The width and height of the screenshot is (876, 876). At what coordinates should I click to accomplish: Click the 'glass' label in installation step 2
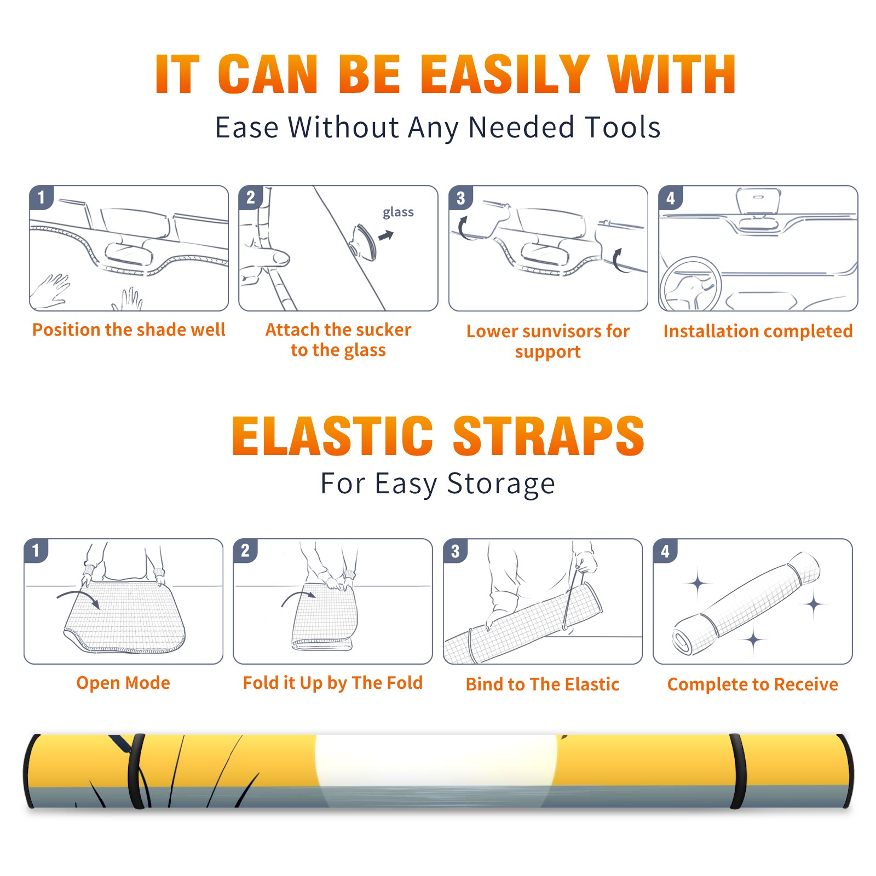tap(398, 212)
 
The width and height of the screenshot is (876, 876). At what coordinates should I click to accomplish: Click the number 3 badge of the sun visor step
tap(461, 198)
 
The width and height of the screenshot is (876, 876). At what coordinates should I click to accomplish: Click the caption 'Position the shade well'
tap(129, 330)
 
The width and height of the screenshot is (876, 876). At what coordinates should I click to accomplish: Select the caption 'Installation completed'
tap(758, 331)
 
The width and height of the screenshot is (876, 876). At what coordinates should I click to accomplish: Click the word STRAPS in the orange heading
tap(549, 436)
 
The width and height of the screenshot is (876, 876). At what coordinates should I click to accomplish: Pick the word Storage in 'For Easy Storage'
tap(501, 484)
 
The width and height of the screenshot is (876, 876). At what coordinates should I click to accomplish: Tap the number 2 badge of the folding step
tap(245, 551)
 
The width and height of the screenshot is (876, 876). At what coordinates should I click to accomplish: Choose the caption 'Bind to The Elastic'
tap(543, 684)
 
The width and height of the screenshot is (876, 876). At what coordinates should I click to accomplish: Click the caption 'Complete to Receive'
tap(753, 684)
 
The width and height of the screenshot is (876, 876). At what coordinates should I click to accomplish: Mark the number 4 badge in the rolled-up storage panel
tap(665, 551)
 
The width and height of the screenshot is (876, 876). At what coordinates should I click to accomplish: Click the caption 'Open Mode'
tap(123, 683)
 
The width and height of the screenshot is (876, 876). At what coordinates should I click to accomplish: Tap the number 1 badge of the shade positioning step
tap(42, 197)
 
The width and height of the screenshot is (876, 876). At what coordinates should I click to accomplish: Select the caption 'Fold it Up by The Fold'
tap(333, 683)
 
